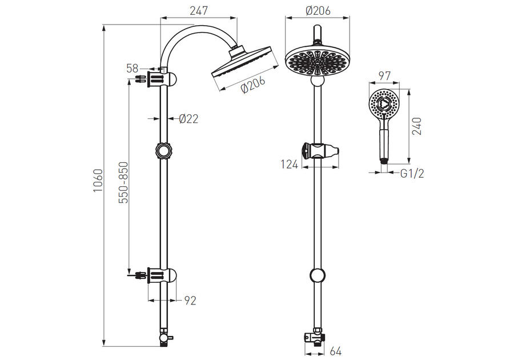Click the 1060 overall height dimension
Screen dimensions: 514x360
(98, 181)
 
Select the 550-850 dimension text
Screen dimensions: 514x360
(124, 182)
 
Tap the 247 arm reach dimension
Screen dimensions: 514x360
(199, 10)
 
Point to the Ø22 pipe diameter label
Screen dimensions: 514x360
(188, 118)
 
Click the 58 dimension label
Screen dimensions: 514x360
(132, 69)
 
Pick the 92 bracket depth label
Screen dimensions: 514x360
(190, 301)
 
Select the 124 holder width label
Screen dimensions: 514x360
(290, 164)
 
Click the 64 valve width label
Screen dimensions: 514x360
(335, 351)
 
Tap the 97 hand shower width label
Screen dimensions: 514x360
(384, 76)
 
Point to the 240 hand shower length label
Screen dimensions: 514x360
(417, 126)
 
